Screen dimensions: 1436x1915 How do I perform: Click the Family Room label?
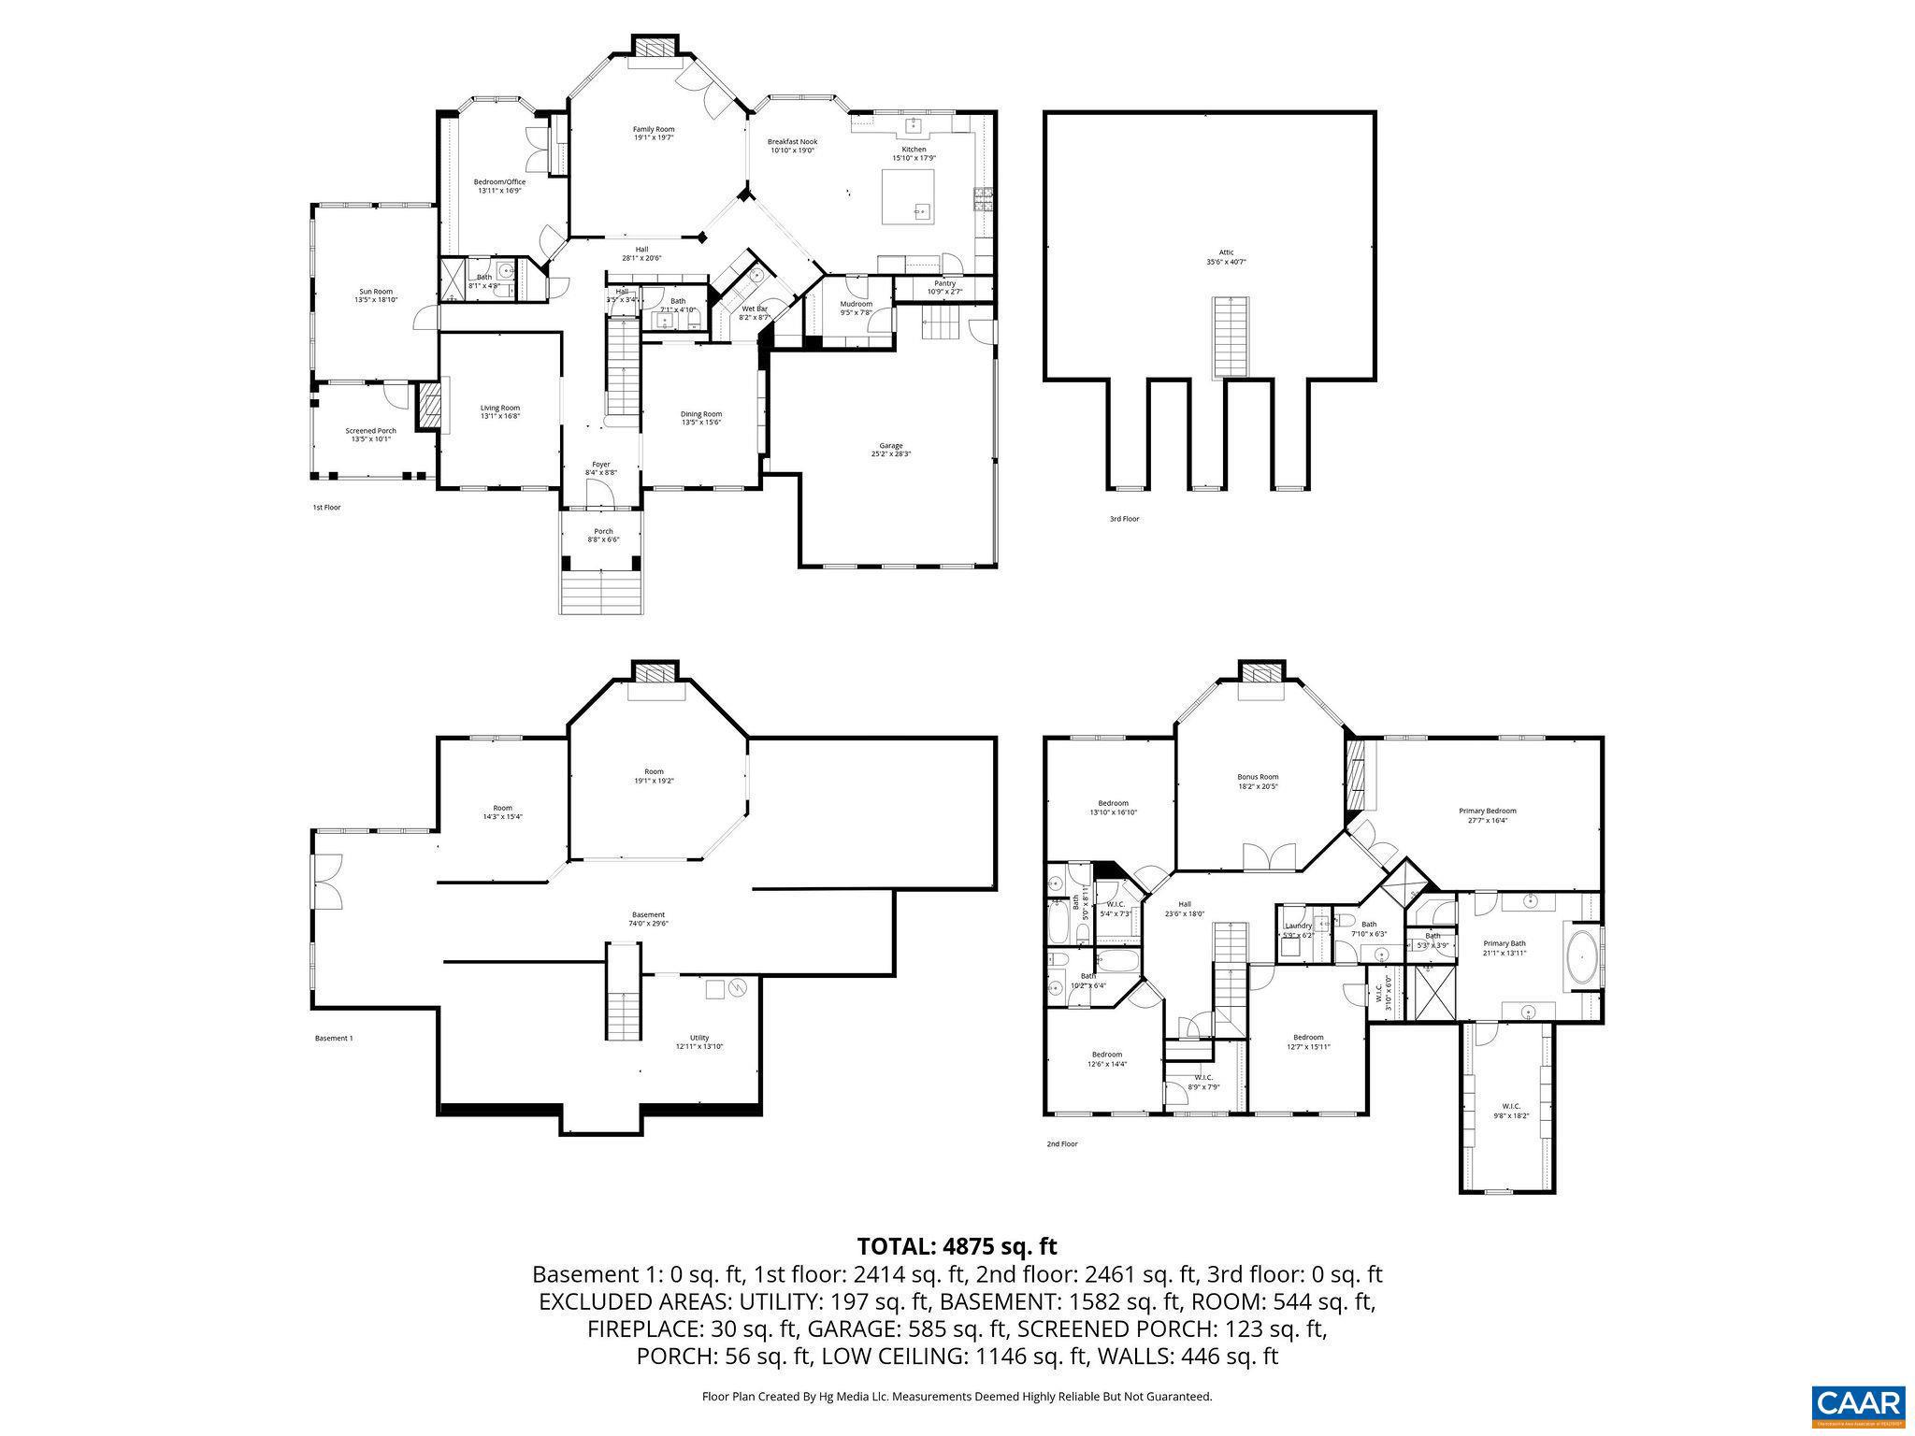653,133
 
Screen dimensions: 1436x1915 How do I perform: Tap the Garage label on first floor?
890,450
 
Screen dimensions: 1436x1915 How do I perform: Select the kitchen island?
908,196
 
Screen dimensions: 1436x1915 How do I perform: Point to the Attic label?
1226,256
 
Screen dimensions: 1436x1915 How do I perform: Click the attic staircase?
1231,337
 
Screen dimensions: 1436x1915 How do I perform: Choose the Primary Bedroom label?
1487,815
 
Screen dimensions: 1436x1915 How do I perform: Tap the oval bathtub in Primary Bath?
1581,957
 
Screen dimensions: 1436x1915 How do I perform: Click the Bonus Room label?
1257,782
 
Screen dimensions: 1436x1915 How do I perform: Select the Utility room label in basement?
699,1041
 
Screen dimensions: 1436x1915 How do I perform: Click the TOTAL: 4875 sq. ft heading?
957,1246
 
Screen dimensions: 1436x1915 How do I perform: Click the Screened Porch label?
370,435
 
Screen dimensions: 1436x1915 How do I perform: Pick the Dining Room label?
700,418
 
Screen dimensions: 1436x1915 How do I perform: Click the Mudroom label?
856,308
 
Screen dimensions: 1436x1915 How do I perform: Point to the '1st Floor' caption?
326,508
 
